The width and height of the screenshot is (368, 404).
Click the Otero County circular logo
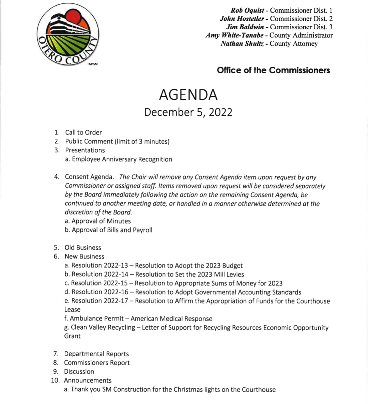[x=68, y=35]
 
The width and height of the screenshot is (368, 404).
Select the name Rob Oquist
[x=247, y=11]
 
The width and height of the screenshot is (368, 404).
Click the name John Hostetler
[x=242, y=19]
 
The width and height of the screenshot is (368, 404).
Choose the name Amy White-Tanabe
[x=234, y=35]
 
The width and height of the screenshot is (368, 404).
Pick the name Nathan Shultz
[x=242, y=44]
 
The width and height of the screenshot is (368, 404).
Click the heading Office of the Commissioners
[x=273, y=70]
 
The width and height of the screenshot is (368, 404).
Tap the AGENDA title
[x=188, y=95]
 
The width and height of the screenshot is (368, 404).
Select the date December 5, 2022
[x=188, y=112]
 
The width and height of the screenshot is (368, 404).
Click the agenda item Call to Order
[x=83, y=133]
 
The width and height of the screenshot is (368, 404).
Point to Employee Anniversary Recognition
[x=122, y=159]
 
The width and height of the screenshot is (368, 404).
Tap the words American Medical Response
[x=171, y=318]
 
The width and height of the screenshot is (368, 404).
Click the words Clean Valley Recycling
[x=103, y=327]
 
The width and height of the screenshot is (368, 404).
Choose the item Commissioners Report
[x=97, y=363]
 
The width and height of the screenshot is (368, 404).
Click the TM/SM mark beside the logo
[x=92, y=64]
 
